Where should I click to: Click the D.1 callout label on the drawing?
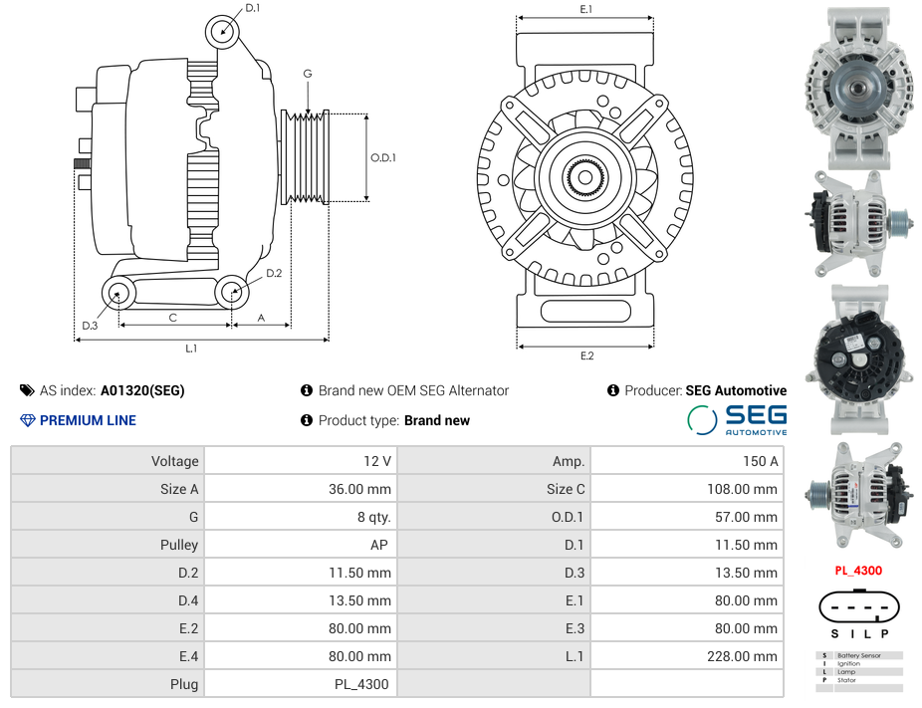(252, 8)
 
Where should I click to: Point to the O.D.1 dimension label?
(383, 157)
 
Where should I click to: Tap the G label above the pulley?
(308, 74)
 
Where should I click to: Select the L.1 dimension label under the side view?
(191, 349)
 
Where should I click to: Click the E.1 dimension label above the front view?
(586, 9)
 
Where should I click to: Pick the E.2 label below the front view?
(586, 355)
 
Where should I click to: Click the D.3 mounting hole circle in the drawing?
(118, 293)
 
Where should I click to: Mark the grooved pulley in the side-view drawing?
(306, 157)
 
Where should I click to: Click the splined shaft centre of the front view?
(584, 179)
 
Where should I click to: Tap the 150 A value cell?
(760, 461)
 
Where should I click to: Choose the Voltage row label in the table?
(175, 461)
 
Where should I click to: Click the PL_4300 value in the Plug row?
(361, 684)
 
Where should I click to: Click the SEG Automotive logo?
(738, 419)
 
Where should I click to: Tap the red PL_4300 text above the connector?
(857, 571)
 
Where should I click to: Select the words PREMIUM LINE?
(88, 420)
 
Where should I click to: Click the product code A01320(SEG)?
(142, 390)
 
